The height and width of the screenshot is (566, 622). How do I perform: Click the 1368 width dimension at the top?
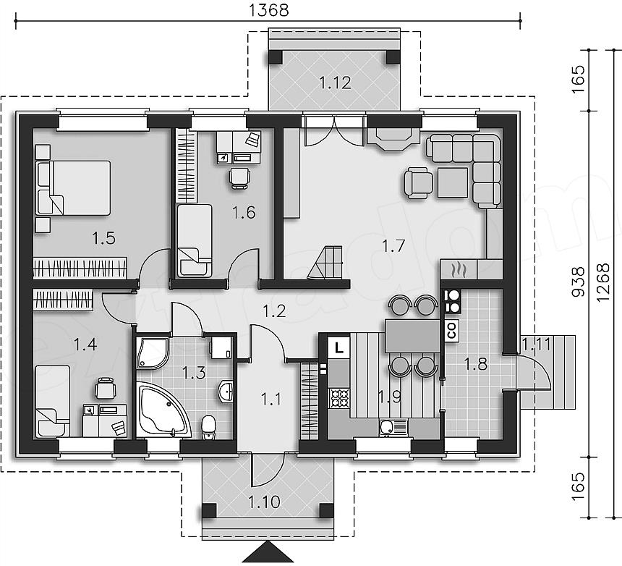click(x=268, y=10)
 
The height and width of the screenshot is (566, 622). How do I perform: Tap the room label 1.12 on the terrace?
click(x=335, y=83)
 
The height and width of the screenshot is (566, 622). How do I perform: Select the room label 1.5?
click(x=104, y=238)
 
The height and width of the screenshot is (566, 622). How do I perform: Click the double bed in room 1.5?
click(x=74, y=187)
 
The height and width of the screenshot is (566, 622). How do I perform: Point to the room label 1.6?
click(x=244, y=213)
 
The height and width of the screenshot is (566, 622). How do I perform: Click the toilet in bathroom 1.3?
click(x=208, y=428)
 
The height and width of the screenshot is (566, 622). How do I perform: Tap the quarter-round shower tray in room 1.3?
click(x=152, y=353)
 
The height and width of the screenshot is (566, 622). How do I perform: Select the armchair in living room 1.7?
click(x=419, y=182)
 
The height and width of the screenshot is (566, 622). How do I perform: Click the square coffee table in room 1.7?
click(x=453, y=182)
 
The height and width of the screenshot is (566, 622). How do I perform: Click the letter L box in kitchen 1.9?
click(x=338, y=348)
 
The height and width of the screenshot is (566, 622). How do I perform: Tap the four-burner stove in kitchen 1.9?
click(x=339, y=398)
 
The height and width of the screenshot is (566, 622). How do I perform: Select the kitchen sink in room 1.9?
click(x=393, y=428)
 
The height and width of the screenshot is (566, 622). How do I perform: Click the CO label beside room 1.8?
click(x=452, y=330)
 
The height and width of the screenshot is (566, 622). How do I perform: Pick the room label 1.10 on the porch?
click(x=264, y=502)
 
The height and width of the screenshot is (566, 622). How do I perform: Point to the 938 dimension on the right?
click(x=579, y=282)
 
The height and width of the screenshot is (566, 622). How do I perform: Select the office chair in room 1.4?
click(x=106, y=387)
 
